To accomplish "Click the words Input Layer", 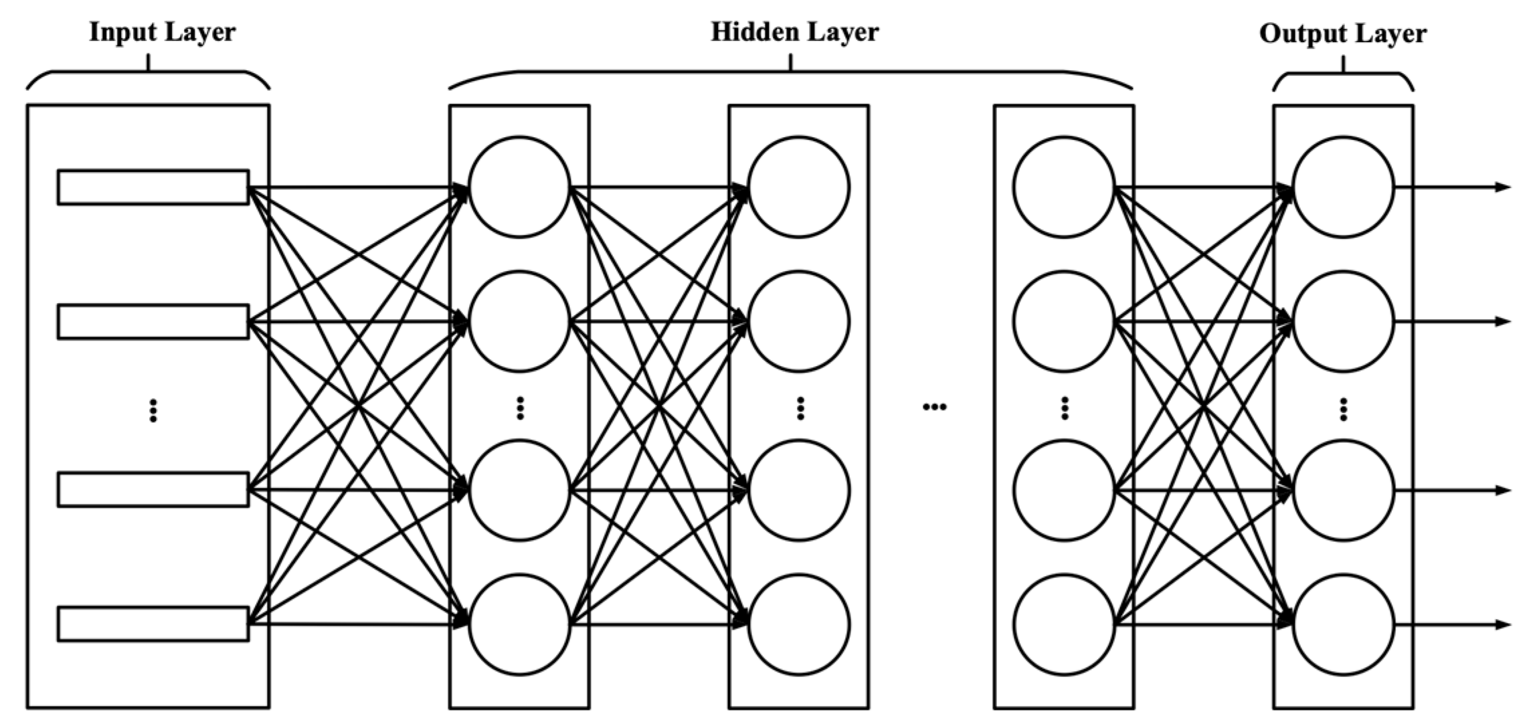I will pyautogui.click(x=162, y=33).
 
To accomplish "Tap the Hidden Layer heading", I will pyautogui.click(x=794, y=32).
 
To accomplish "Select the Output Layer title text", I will pyautogui.click(x=1343, y=33).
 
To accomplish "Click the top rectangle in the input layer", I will pyautogui.click(x=153, y=187).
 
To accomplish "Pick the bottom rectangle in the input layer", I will pyautogui.click(x=153, y=624).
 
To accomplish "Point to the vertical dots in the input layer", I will pyautogui.click(x=153, y=410).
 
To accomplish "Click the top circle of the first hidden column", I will pyautogui.click(x=519, y=187).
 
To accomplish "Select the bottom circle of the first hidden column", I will pyautogui.click(x=519, y=624).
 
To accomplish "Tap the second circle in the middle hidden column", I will pyautogui.click(x=799, y=321).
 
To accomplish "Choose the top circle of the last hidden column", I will pyautogui.click(x=1064, y=187).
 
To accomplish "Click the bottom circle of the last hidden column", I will pyautogui.click(x=1064, y=624).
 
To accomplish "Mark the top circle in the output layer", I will pyautogui.click(x=1344, y=187).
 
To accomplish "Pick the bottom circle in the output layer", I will pyautogui.click(x=1344, y=624).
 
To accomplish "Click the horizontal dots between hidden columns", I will pyautogui.click(x=934, y=406).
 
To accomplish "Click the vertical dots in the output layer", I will pyautogui.click(x=1343, y=409).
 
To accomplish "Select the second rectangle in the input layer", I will pyautogui.click(x=153, y=321).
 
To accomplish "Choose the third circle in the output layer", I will pyautogui.click(x=1344, y=490).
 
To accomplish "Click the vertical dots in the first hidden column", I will pyautogui.click(x=520, y=408).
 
